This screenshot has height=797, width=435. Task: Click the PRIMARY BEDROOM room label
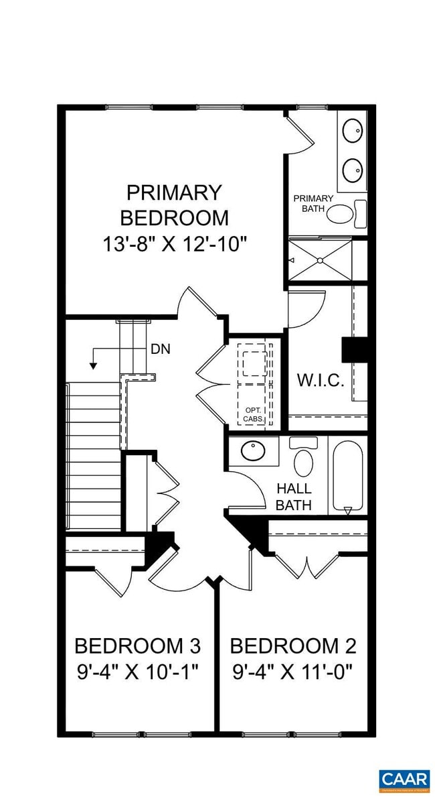point(174,205)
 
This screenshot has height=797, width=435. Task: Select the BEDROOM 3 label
point(137,646)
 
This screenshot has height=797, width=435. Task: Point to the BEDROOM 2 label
point(293,646)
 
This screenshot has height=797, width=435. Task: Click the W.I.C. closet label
point(321,381)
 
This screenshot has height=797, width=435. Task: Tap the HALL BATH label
point(294,497)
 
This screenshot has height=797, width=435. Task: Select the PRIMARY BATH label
point(313,203)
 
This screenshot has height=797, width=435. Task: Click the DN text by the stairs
point(160,349)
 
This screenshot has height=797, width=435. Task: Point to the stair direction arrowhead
point(94,365)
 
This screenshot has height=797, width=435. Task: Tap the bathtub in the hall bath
point(347,476)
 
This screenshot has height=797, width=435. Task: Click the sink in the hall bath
point(254,451)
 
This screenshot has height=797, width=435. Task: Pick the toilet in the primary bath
point(343,214)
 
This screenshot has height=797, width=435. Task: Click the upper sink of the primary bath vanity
point(352,130)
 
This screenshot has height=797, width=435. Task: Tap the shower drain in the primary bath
point(320,259)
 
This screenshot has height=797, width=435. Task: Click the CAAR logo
point(404,780)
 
